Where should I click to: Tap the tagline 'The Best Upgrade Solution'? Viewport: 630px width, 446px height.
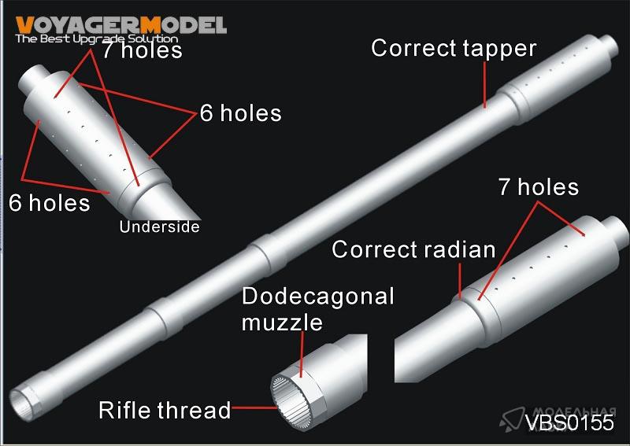[x=96, y=38]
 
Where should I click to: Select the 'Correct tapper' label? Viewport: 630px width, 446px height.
[x=454, y=48]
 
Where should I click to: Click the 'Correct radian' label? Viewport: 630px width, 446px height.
[x=413, y=249]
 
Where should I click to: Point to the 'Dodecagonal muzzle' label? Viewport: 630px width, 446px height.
[x=317, y=308]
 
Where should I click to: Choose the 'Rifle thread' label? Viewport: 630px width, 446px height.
[x=165, y=410]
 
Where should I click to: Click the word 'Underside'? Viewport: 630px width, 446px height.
[x=159, y=227]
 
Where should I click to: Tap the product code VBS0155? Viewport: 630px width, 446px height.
[x=569, y=422]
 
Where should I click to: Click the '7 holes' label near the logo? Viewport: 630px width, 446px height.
[x=142, y=50]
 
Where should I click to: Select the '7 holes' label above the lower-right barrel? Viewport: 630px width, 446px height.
[x=539, y=187]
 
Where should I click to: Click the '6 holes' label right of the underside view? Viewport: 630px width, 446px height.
[x=240, y=112]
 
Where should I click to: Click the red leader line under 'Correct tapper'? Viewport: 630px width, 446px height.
[x=485, y=84]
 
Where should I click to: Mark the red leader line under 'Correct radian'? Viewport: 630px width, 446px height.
[x=461, y=281]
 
